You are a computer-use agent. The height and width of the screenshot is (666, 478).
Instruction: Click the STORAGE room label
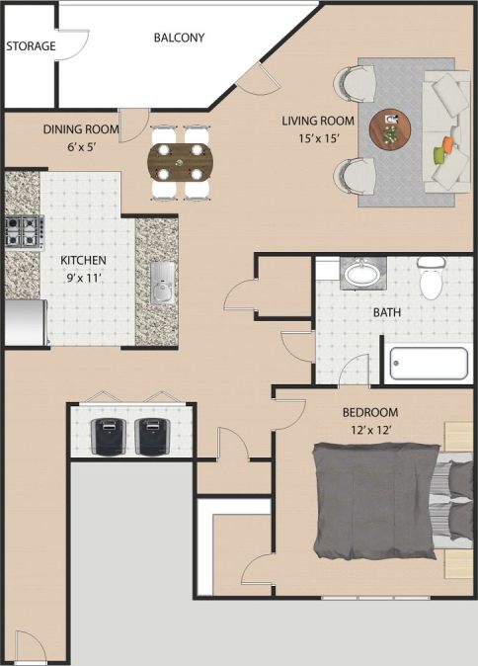tap(31, 46)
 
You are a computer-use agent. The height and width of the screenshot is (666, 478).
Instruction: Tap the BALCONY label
tap(179, 39)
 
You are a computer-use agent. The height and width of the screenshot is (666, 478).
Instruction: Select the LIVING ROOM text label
tap(311, 121)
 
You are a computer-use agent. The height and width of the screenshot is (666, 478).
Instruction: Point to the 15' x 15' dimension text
tap(311, 138)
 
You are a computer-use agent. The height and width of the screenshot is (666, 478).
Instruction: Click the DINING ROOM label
tap(80, 128)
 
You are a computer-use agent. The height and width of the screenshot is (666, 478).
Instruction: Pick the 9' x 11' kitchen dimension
tap(83, 278)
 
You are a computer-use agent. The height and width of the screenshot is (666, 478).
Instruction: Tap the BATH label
tap(386, 313)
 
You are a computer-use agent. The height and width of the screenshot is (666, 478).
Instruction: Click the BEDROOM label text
tap(369, 412)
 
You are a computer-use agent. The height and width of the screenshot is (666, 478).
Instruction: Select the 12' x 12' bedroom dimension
tap(369, 429)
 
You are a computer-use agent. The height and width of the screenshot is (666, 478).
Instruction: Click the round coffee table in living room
tap(391, 127)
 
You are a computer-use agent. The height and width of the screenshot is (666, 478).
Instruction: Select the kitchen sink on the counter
tap(163, 282)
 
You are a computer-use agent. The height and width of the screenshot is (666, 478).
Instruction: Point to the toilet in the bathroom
tap(431, 280)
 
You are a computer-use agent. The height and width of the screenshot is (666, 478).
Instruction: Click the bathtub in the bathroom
tap(428, 363)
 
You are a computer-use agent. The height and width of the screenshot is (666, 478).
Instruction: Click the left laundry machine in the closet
tap(108, 435)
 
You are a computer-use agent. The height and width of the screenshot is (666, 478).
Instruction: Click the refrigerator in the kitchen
tap(24, 323)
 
